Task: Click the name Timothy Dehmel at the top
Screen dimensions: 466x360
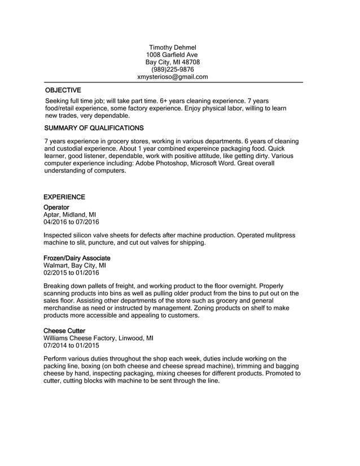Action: click(172, 47)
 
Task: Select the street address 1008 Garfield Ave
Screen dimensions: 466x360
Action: click(172, 55)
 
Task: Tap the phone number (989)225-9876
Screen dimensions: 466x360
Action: click(172, 69)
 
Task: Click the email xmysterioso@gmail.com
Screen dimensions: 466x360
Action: click(173, 77)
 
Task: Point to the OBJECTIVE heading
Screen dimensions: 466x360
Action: click(63, 90)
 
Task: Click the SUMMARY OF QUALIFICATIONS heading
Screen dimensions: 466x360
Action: click(93, 128)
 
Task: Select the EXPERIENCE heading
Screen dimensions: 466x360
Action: click(64, 197)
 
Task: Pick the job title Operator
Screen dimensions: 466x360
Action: click(56, 208)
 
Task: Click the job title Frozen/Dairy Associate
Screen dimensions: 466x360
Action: click(77, 258)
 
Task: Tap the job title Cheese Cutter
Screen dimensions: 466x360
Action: click(64, 331)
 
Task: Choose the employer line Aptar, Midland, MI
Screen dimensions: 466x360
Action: click(69, 215)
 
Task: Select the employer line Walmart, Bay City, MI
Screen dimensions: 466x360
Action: click(74, 265)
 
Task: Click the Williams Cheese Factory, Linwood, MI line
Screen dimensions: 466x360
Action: click(98, 338)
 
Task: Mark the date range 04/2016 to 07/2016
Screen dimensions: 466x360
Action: click(71, 222)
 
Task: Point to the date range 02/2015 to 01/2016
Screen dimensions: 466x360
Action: click(71, 272)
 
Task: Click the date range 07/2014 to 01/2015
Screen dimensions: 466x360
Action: click(71, 345)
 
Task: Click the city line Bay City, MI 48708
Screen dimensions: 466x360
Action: click(172, 62)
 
